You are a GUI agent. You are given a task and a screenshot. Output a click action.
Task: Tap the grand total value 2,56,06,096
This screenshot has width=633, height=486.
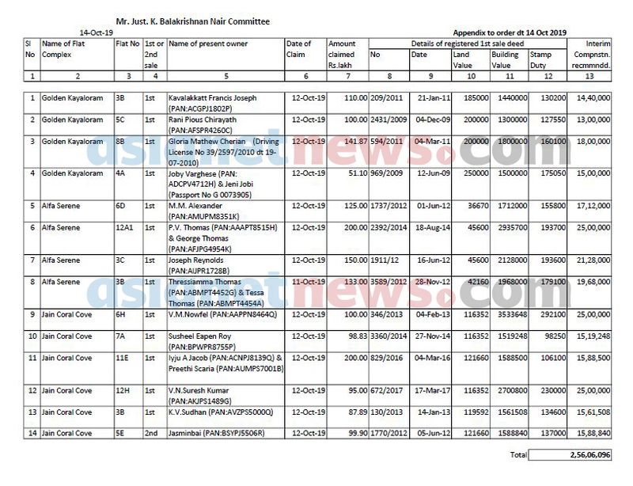point(586,456)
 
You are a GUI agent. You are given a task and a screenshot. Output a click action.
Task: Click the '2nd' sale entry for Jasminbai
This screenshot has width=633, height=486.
point(150,433)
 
